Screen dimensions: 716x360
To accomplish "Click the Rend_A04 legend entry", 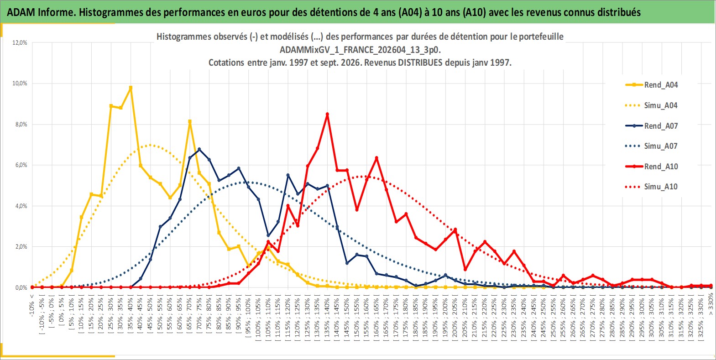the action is pos(652,85).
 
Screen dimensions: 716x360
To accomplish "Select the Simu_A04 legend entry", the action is pos(652,105).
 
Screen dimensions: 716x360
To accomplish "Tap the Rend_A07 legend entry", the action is pos(652,126).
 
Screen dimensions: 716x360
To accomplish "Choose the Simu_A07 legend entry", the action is pos(652,146).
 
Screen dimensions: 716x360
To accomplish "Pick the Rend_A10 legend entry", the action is pos(652,167).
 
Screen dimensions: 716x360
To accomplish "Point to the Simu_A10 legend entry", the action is pos(652,187).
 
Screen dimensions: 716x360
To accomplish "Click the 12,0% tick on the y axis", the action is pos(20,42).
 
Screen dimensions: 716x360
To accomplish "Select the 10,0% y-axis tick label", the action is pos(20,83).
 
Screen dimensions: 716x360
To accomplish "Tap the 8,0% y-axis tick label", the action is pos(21,125).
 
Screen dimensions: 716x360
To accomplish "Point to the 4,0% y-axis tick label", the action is pos(21,206).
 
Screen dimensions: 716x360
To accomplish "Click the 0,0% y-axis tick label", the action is pos(21,288).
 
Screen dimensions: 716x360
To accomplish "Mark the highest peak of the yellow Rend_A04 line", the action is pos(131,87).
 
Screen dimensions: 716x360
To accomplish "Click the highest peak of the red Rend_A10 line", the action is pos(327,114).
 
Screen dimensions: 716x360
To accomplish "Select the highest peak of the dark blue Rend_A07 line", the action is pos(199,149).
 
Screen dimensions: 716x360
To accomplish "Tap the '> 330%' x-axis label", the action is pos(711,304).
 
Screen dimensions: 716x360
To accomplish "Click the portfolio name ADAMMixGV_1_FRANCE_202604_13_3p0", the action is pos(360,50).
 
